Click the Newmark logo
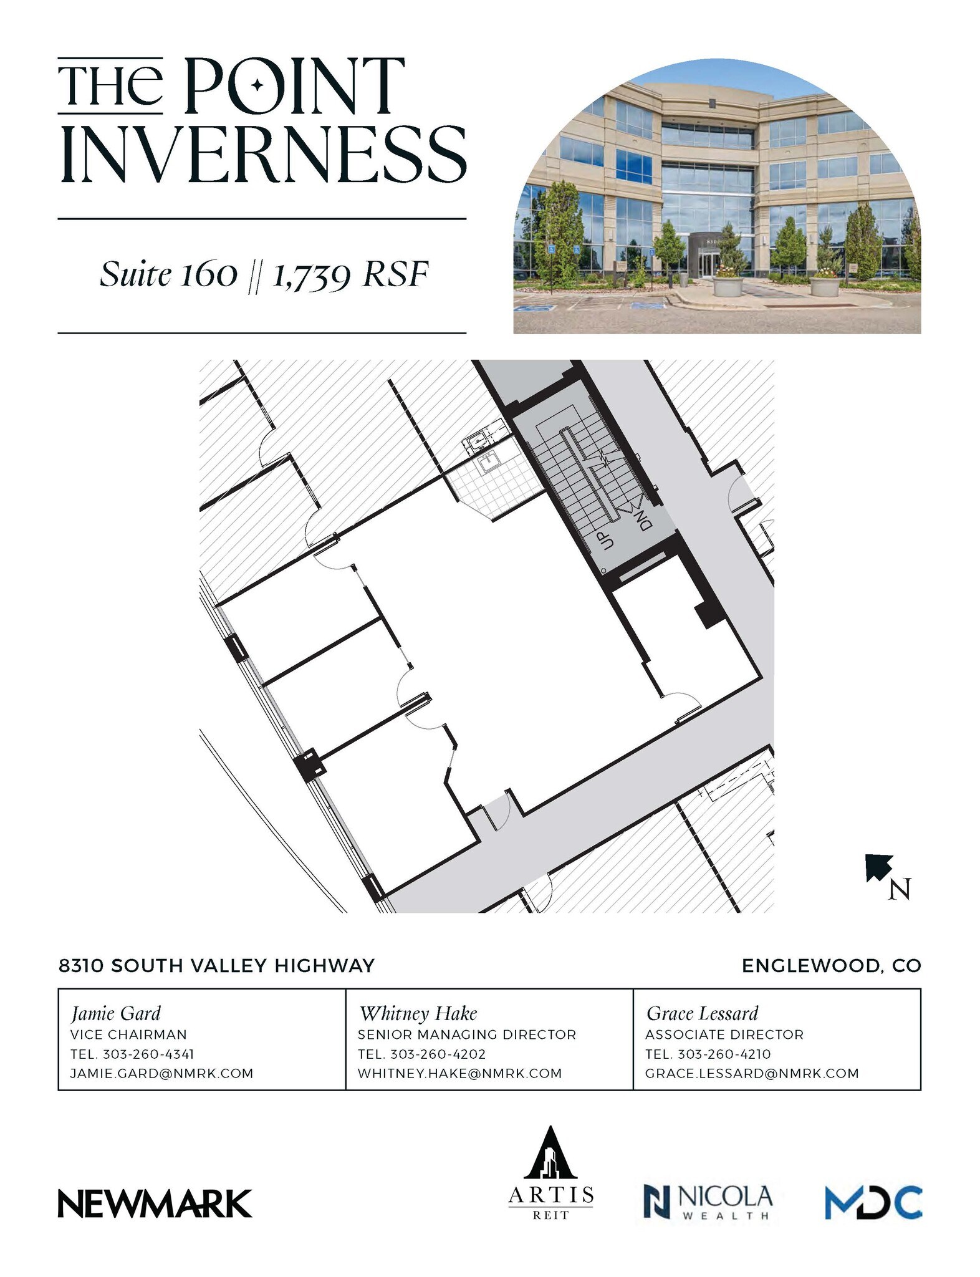pos(155,1203)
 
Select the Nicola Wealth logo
pos(708,1202)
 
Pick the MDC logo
pos(873,1202)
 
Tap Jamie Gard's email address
pos(162,1073)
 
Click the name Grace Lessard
pos(702,1013)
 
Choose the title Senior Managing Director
pos(467,1034)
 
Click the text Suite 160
pos(169,274)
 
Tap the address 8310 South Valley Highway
pos(216,966)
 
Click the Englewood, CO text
pos(831,966)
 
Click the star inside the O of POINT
pos(257,85)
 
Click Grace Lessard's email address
pos(752,1073)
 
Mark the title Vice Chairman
pos(128,1034)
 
